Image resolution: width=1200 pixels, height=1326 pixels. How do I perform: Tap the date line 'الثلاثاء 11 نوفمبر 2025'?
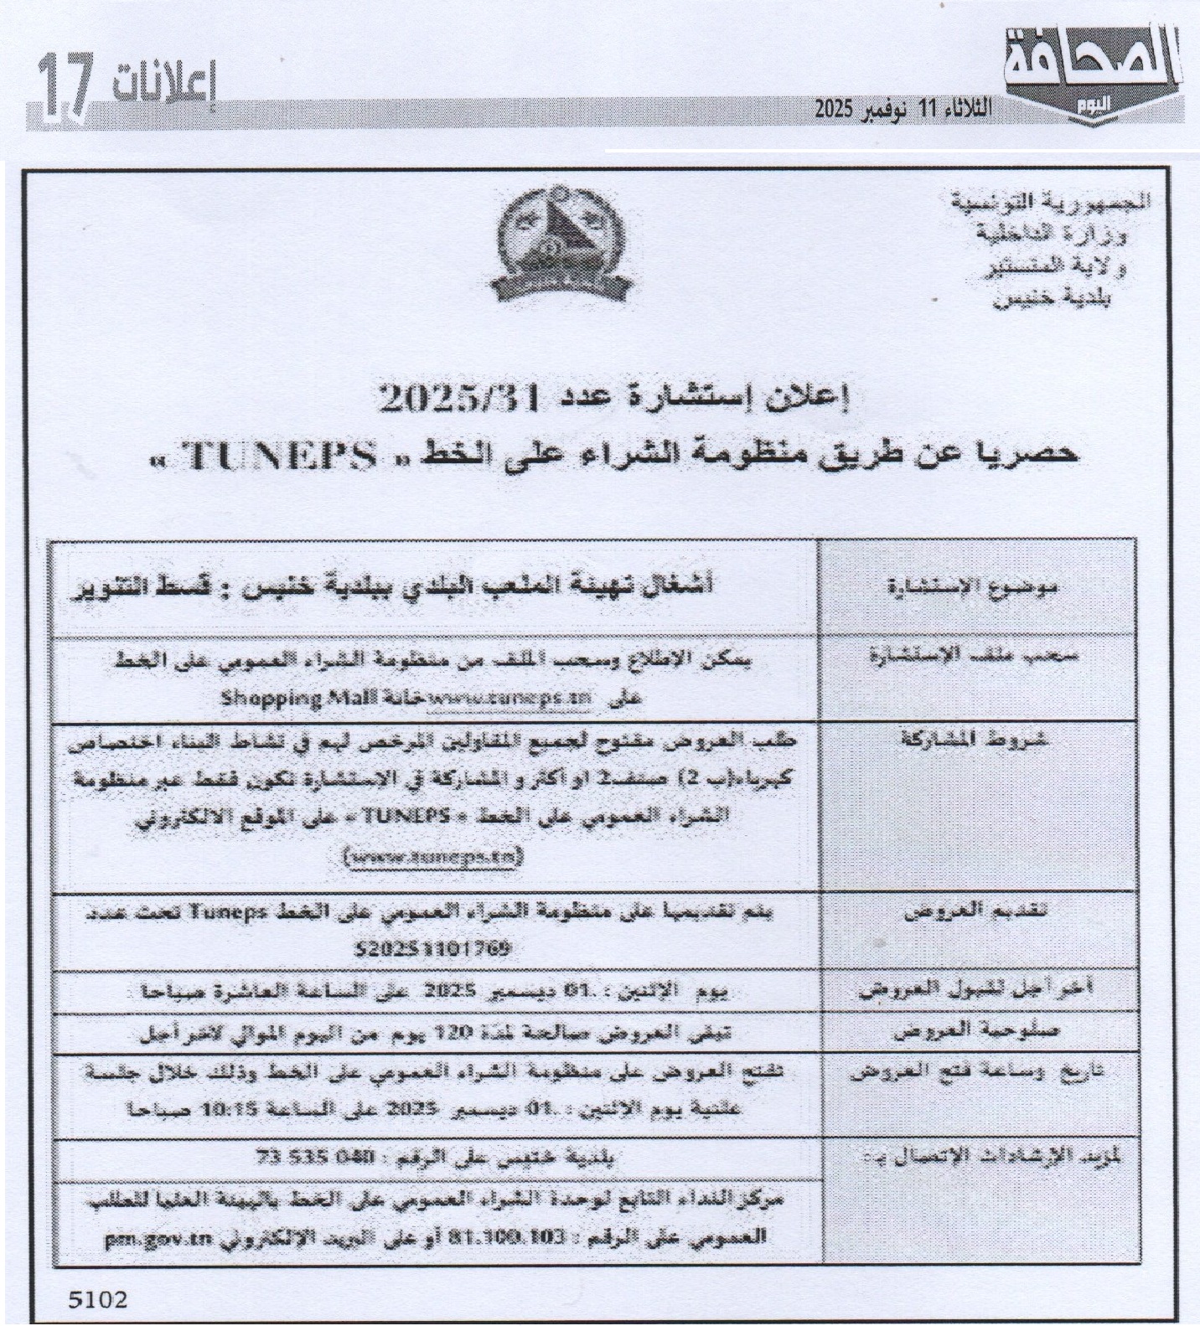point(904,108)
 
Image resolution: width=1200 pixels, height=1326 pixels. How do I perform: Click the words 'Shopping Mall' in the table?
point(272,698)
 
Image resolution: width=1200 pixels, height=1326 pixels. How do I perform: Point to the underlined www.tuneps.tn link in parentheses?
point(433,857)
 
